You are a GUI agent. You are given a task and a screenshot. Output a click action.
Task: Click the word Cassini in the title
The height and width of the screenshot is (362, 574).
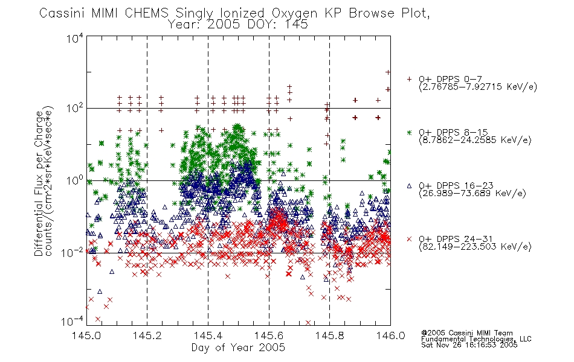coord(62,13)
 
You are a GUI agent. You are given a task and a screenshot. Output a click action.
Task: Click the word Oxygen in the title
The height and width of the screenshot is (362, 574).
coord(294,14)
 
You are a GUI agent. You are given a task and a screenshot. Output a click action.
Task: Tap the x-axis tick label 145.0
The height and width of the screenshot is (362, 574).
coord(86,335)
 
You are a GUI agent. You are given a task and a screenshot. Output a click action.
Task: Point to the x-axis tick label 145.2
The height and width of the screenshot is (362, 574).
coord(147,335)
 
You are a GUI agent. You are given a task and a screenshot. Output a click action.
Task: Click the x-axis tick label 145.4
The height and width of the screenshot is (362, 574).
coord(208,335)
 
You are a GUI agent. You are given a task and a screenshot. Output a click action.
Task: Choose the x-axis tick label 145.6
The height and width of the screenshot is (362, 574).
coord(269,335)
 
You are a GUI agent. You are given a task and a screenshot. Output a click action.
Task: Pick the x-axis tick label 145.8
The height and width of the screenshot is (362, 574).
coord(329,335)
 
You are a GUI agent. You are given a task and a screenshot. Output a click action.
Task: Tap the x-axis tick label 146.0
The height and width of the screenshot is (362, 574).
coord(390,335)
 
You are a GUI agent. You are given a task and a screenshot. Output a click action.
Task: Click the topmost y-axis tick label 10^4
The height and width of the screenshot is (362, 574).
coord(75,38)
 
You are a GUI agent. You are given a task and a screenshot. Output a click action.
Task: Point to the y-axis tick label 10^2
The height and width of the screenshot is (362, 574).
coord(75,108)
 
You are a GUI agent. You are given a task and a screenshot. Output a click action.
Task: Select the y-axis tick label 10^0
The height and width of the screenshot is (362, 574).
coord(75,180)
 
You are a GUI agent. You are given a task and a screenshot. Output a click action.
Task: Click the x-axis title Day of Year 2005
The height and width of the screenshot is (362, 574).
coord(238,348)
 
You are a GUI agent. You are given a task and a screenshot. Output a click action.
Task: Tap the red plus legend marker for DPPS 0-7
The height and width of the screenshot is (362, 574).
coord(409,79)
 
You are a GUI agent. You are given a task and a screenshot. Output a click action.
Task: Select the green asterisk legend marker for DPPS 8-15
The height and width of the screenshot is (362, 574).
coord(409,132)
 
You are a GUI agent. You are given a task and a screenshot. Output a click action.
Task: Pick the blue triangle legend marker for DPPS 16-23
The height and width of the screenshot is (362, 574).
coord(409,186)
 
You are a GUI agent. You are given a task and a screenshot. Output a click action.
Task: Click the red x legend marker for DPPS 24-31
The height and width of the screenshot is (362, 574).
coord(409,239)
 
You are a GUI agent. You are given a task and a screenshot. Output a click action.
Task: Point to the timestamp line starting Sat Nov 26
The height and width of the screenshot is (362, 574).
coord(469,345)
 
